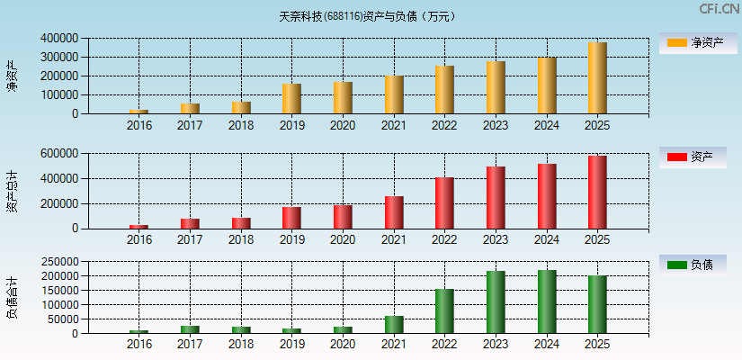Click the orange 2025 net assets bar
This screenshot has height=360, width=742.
(597, 78)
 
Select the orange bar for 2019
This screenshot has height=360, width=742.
(291, 99)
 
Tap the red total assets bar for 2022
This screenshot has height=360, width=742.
(444, 203)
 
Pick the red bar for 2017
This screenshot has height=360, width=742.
(190, 223)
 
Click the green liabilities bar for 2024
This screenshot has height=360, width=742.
(546, 301)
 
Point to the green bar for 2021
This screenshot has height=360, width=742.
(394, 325)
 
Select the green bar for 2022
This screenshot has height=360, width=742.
(444, 311)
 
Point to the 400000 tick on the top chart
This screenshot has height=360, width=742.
(58, 39)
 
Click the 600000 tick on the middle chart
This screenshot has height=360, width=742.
(58, 154)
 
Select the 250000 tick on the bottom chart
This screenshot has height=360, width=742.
(58, 261)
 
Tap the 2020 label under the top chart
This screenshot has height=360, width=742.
(343, 125)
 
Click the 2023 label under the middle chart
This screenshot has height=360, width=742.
(496, 240)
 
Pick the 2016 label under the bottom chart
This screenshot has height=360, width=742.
(139, 345)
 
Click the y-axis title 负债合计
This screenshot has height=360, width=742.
(13, 297)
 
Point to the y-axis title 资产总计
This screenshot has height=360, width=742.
(13, 191)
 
